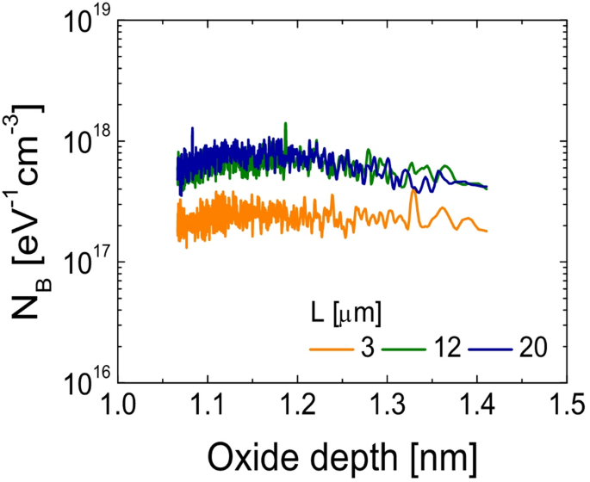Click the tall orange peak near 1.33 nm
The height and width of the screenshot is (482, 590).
coord(413,191)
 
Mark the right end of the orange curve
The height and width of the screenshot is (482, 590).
coord(487,231)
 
